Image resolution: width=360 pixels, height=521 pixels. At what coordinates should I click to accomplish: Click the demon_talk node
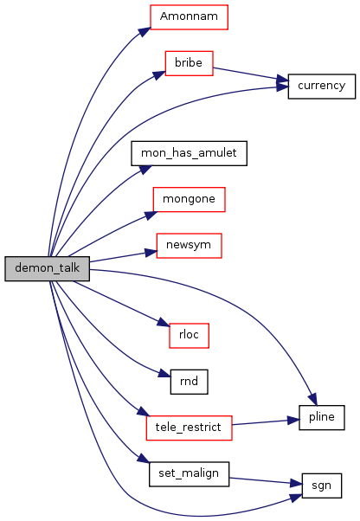click(47, 268)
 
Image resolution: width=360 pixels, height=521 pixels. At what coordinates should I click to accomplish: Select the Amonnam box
click(189, 17)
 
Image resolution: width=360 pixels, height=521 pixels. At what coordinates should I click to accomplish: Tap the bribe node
click(189, 63)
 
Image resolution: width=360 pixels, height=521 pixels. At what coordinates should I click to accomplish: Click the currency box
click(321, 86)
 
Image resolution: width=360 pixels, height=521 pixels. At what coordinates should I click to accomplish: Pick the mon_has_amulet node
click(189, 153)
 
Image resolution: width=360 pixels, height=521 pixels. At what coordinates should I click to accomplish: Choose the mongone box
click(189, 199)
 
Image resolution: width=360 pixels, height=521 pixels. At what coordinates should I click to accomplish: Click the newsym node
click(189, 246)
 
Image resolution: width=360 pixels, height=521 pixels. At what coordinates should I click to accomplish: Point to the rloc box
click(189, 336)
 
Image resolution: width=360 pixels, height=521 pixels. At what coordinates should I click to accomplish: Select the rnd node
click(189, 382)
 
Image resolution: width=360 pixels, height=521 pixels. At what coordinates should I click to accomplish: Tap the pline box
click(321, 418)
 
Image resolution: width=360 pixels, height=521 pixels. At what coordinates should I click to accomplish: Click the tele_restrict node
click(189, 428)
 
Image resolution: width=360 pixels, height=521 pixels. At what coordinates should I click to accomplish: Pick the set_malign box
click(189, 474)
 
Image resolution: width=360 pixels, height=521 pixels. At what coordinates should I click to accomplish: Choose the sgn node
click(321, 486)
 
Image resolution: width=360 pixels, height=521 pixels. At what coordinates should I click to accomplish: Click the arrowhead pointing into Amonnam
click(145, 32)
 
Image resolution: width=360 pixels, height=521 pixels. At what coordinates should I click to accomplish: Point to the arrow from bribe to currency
click(250, 74)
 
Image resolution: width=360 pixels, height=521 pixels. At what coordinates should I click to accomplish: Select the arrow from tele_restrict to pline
click(266, 422)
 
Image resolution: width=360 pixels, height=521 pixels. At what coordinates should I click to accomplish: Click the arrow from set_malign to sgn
click(266, 481)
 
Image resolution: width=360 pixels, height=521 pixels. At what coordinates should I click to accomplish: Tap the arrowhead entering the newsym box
click(151, 253)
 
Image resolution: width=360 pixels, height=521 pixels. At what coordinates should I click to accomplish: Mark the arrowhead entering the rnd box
click(164, 374)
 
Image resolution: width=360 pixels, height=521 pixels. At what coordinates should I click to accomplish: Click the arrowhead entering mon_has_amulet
click(145, 170)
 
